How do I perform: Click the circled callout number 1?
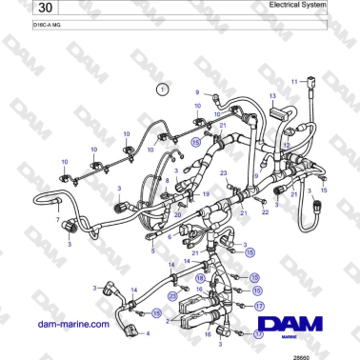coord(162,89)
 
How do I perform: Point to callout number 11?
coord(295,81)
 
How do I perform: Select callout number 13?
coord(272,97)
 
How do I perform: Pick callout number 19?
coord(204,192)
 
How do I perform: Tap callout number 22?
coord(266,211)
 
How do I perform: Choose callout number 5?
coord(151,251)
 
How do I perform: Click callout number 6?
coord(170,237)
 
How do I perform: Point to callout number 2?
coord(169,321)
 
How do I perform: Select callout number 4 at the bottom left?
coord(148,334)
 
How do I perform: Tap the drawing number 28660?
coord(327,354)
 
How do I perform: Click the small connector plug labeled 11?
coord(315,92)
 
